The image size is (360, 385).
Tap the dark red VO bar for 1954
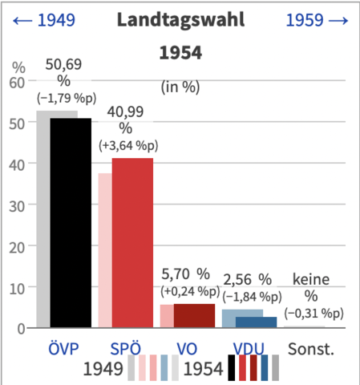(x=193, y=315)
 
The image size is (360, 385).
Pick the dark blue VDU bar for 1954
(x=256, y=322)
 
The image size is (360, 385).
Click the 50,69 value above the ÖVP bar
(x=63, y=63)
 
